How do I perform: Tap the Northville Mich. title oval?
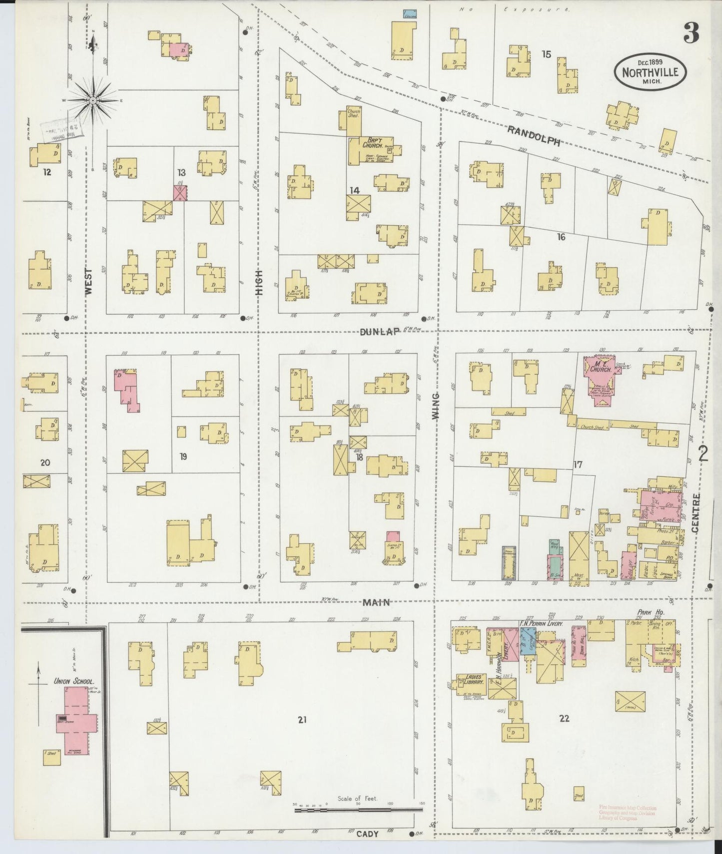click(650, 71)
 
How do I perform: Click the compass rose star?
click(93, 100)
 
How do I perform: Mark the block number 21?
click(301, 720)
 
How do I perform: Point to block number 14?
click(354, 190)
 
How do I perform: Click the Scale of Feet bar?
click(358, 809)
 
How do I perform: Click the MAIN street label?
click(376, 603)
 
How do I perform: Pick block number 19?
click(183, 456)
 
